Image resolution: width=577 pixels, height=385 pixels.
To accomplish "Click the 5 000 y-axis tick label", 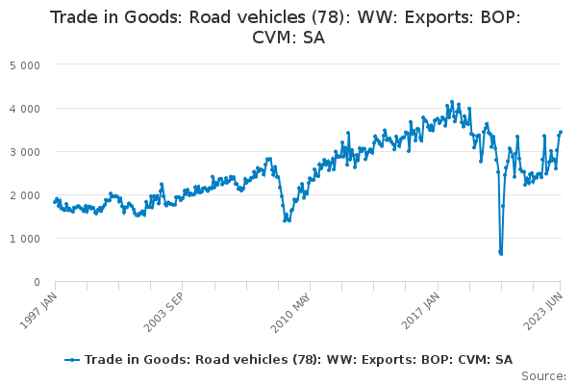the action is pyautogui.click(x=25, y=65).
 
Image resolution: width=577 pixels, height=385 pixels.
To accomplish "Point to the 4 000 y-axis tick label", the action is pyautogui.click(x=25, y=109).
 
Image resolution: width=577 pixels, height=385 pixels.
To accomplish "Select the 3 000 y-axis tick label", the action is pyautogui.click(x=25, y=152).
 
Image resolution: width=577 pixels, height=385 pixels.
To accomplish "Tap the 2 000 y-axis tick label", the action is pyautogui.click(x=25, y=195).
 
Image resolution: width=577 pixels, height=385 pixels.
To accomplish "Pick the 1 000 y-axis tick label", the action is pyautogui.click(x=25, y=239).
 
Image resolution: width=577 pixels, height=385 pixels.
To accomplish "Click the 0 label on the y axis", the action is pyautogui.click(x=37, y=282).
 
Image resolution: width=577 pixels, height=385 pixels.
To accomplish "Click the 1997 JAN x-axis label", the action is pyautogui.click(x=38, y=311).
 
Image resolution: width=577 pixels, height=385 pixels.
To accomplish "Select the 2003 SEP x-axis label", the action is pyautogui.click(x=163, y=313).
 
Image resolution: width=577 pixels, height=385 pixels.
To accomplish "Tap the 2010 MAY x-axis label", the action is pyautogui.click(x=290, y=313).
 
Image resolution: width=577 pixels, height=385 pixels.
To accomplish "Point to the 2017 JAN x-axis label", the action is pyautogui.click(x=420, y=311).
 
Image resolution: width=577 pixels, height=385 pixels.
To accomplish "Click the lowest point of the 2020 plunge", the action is pyautogui.click(x=501, y=254).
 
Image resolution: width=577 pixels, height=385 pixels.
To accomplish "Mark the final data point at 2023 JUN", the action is pyautogui.click(x=561, y=132).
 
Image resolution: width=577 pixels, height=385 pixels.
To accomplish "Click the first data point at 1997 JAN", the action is pyautogui.click(x=55, y=201).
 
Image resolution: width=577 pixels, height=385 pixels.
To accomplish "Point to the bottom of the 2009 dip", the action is pyautogui.click(x=285, y=220).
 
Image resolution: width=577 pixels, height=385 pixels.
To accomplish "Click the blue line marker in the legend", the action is pyautogui.click(x=72, y=360).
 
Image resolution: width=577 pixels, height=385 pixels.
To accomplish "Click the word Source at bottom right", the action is pyautogui.click(x=543, y=376).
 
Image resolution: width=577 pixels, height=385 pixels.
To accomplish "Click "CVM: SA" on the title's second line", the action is pyautogui.click(x=288, y=38).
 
